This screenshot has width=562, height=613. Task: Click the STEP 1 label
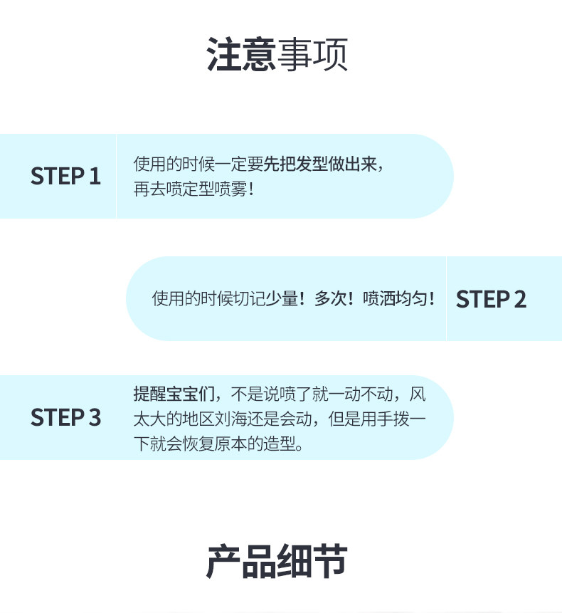[x=65, y=176]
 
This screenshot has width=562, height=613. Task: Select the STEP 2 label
[x=491, y=299]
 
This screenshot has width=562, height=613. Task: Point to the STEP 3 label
[x=65, y=417]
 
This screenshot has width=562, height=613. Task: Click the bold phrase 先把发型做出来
[x=320, y=164]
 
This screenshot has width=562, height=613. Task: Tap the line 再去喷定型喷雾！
[x=193, y=189]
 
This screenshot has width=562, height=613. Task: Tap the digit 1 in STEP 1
[x=95, y=176]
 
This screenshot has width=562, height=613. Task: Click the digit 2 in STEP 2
[x=519, y=299]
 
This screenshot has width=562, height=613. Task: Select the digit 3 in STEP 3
[x=95, y=417]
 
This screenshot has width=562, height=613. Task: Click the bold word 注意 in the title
[x=241, y=54]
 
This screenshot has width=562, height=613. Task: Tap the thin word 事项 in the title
[x=312, y=54]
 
